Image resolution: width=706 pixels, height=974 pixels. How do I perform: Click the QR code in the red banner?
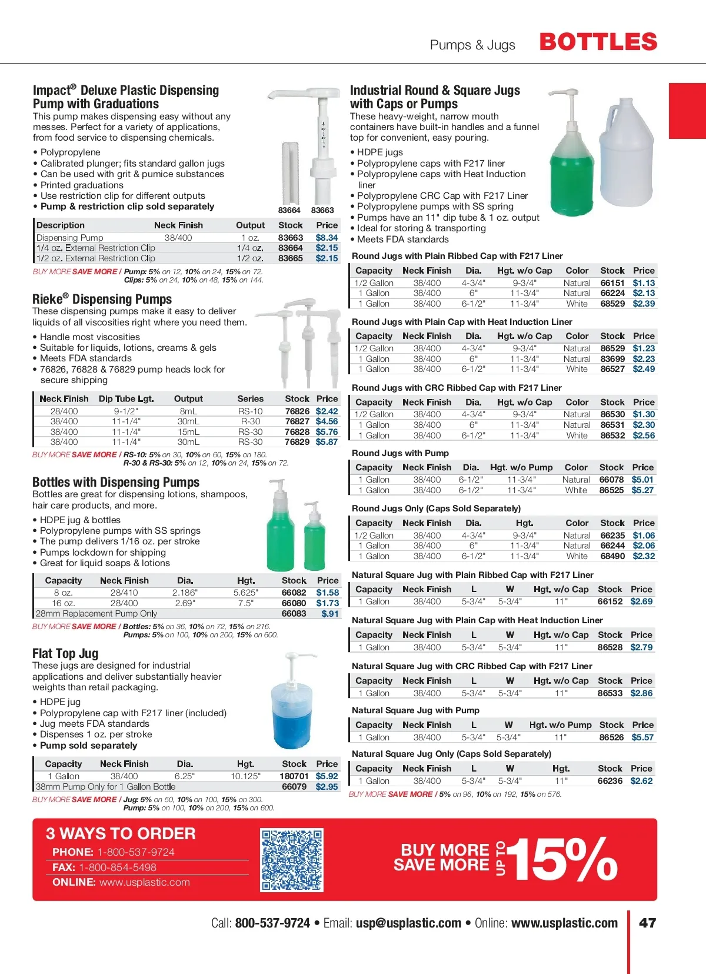[x=292, y=860]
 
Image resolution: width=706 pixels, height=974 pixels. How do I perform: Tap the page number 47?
[x=647, y=923]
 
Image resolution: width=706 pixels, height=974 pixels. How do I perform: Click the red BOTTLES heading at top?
[x=598, y=42]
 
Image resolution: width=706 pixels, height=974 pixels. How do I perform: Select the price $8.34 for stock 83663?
[x=327, y=238]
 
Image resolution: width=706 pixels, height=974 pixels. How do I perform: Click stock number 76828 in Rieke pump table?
[x=297, y=432]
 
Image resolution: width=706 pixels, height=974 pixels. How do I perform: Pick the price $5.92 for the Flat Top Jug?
[x=327, y=776]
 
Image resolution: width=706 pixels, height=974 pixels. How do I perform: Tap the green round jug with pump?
[x=572, y=171]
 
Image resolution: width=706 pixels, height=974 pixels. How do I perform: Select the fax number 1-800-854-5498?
[x=118, y=867]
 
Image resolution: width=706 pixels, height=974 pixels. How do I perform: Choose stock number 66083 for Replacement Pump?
[x=294, y=613]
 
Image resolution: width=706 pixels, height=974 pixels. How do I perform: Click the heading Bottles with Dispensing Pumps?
[x=116, y=482]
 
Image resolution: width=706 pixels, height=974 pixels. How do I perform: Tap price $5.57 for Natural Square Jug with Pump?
[x=642, y=737]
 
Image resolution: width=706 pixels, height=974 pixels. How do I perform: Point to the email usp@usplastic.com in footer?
[x=408, y=923]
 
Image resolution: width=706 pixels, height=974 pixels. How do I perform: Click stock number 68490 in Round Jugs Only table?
[x=612, y=556]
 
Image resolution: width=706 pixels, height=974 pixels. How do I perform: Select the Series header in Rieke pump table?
[x=251, y=398]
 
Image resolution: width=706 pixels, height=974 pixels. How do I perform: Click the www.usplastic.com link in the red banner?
[x=145, y=882]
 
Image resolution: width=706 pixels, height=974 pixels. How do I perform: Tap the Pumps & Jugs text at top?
[x=472, y=45]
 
